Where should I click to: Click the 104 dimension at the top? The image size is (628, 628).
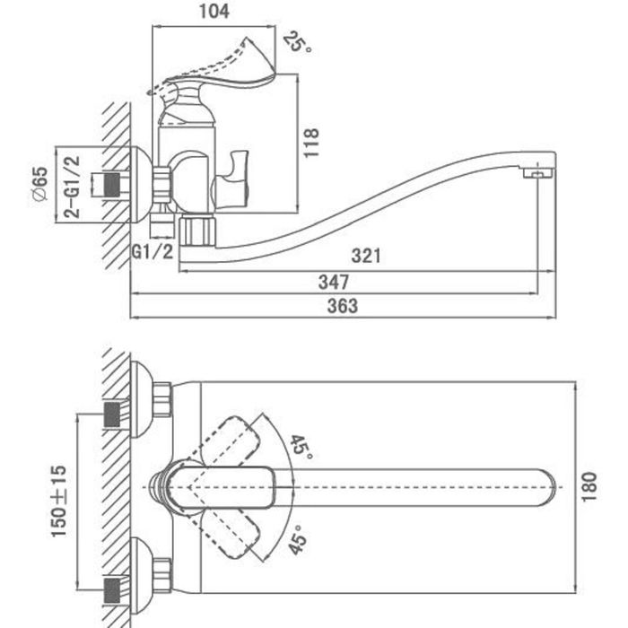pyautogui.click(x=214, y=12)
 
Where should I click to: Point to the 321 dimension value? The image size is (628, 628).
pyautogui.click(x=365, y=257)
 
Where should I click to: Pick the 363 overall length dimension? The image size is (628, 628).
pyautogui.click(x=341, y=306)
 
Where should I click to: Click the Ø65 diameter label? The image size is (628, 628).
pyautogui.click(x=39, y=184)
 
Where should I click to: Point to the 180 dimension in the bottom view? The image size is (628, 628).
pyautogui.click(x=589, y=488)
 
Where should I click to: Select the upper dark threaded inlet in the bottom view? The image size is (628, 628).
pyautogui.click(x=113, y=414)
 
